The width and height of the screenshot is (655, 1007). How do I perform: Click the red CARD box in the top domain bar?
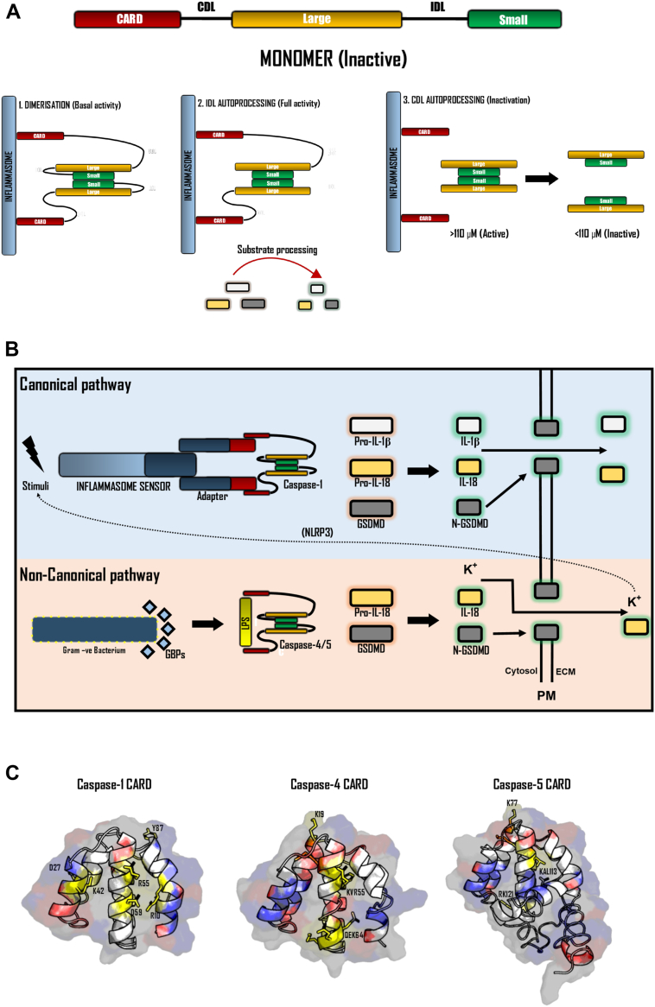click(x=129, y=19)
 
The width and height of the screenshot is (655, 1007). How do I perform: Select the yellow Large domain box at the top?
click(x=316, y=19)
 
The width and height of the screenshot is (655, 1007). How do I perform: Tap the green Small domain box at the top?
click(x=514, y=19)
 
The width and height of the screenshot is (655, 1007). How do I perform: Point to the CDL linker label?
click(x=207, y=8)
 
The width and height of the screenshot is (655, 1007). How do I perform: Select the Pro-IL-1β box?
click(x=372, y=427)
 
